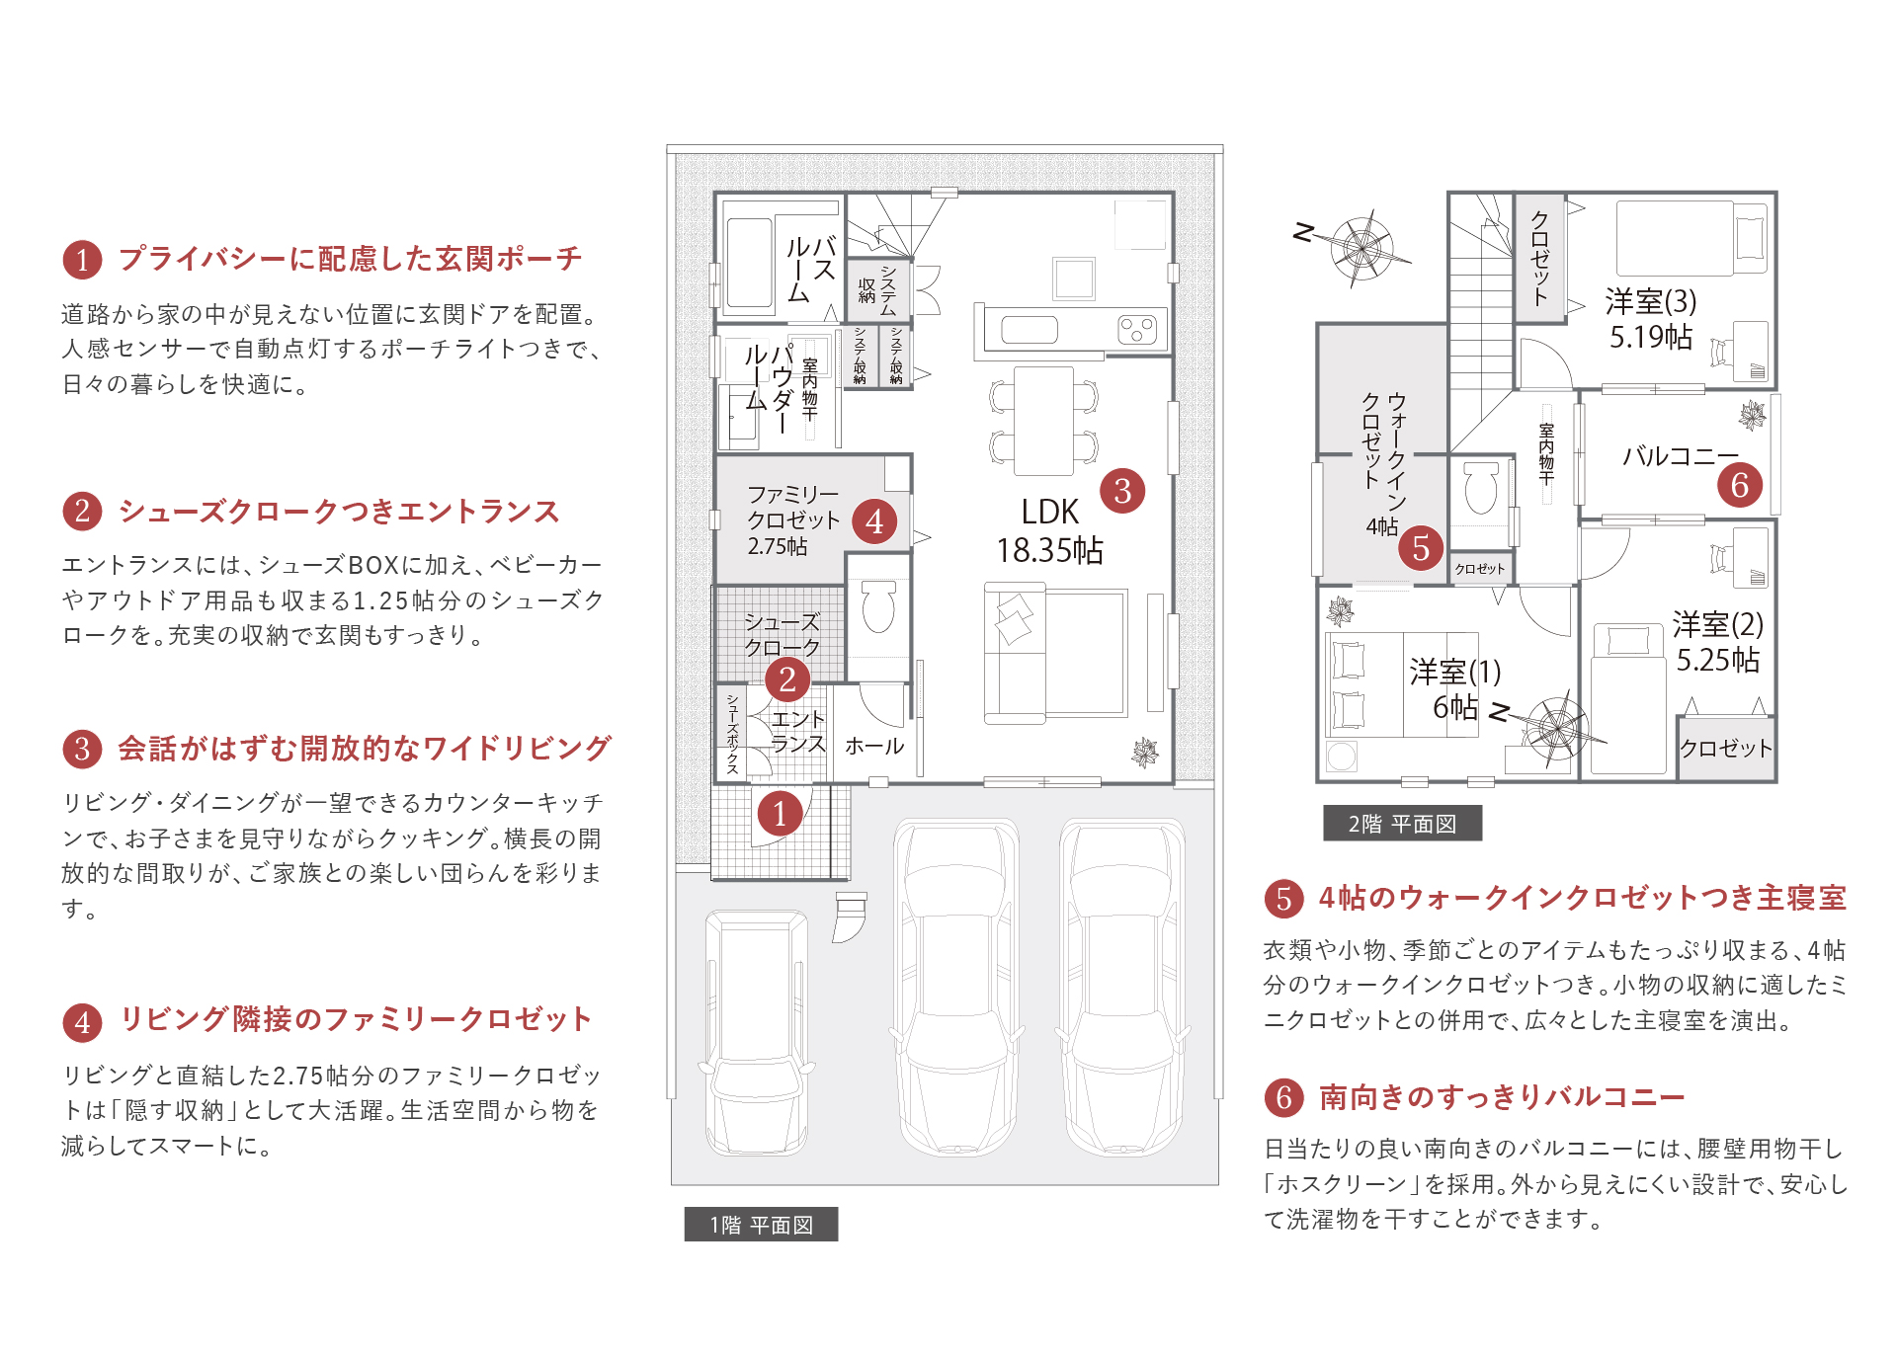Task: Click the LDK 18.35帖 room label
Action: [1049, 531]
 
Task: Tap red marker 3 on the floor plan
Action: [1122, 491]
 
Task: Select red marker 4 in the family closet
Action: [874, 521]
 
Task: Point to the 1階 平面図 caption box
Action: [761, 1225]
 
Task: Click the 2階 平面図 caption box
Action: [1402, 824]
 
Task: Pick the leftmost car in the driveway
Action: [757, 1032]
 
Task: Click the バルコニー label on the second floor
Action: [1680, 456]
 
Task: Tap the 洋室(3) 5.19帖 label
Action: [1651, 318]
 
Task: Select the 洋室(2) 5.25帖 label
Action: [1718, 642]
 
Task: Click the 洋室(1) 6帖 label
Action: [1455, 689]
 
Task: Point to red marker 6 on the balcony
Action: [1740, 485]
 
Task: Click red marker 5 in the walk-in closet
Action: [1421, 547]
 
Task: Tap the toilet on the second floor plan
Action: [1481, 488]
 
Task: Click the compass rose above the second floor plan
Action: [1361, 247]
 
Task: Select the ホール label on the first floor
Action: [874, 747]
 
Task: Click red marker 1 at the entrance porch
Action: [780, 814]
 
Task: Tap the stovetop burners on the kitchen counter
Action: [1137, 329]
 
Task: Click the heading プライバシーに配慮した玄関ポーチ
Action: [351, 259]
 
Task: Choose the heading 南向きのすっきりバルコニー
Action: [1502, 1097]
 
